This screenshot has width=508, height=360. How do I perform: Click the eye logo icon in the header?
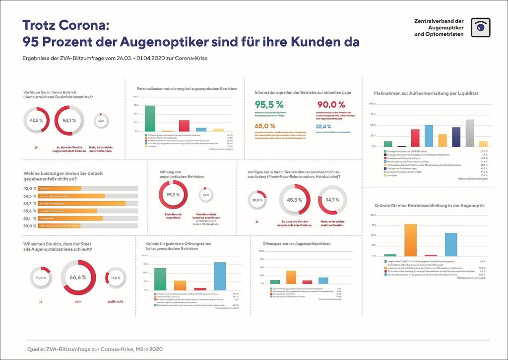pyautogui.click(x=480, y=28)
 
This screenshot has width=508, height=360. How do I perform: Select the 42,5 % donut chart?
pyautogui.click(x=36, y=120)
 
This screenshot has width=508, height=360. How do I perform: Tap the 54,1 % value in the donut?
pyautogui.click(x=69, y=120)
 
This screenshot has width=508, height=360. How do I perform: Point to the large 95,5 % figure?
pyautogui.click(x=269, y=105)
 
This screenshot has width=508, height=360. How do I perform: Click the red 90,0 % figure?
pyautogui.click(x=331, y=105)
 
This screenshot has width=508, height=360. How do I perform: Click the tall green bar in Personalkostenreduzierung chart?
pyautogui.click(x=150, y=118)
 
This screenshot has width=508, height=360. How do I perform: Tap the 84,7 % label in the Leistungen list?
pyautogui.click(x=30, y=203)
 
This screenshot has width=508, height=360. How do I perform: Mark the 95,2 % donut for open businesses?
pyautogui.click(x=173, y=195)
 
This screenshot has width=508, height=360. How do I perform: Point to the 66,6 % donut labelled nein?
pyautogui.click(x=78, y=277)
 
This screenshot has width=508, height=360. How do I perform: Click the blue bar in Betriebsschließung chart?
pyautogui.click(x=451, y=244)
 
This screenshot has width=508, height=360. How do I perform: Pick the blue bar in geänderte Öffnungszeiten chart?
pyautogui.click(x=220, y=276)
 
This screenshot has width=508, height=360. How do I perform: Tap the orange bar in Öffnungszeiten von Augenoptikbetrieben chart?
pyautogui.click(x=291, y=277)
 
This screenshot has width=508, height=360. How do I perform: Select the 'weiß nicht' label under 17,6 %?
pyautogui.click(x=116, y=301)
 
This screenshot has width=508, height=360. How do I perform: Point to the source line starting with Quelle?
pyautogui.click(x=95, y=349)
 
